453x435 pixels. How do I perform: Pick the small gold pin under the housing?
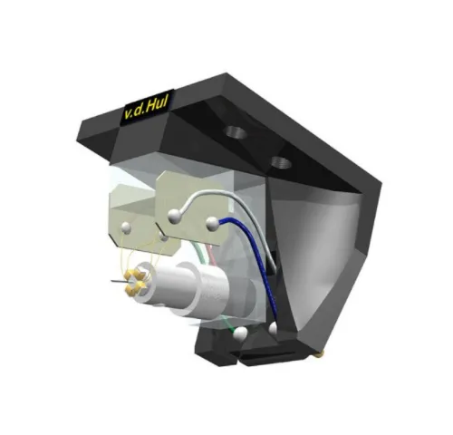pyautogui.click(x=324, y=349)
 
